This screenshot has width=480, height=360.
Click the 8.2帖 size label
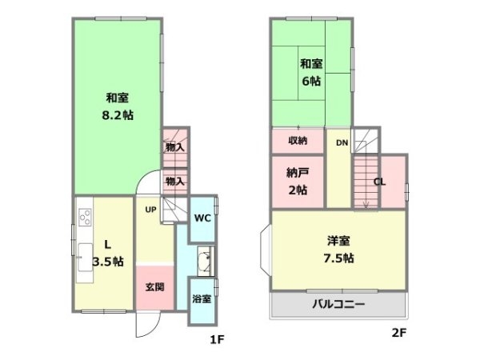(118, 115)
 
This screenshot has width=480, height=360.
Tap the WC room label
(202, 217)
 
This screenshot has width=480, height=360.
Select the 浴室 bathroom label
(202, 299)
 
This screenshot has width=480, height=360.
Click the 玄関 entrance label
(155, 286)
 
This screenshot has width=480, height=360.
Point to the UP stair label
(150, 210)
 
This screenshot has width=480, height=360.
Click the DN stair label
(342, 143)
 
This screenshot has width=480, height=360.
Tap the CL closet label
(380, 182)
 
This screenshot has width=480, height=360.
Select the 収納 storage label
(298, 141)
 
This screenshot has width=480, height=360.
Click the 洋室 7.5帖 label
(338, 249)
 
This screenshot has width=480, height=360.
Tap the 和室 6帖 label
(310, 73)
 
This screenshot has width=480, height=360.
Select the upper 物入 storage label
(174, 147)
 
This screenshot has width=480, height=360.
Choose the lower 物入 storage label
(174, 182)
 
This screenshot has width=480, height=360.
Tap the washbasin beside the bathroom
(205, 260)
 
